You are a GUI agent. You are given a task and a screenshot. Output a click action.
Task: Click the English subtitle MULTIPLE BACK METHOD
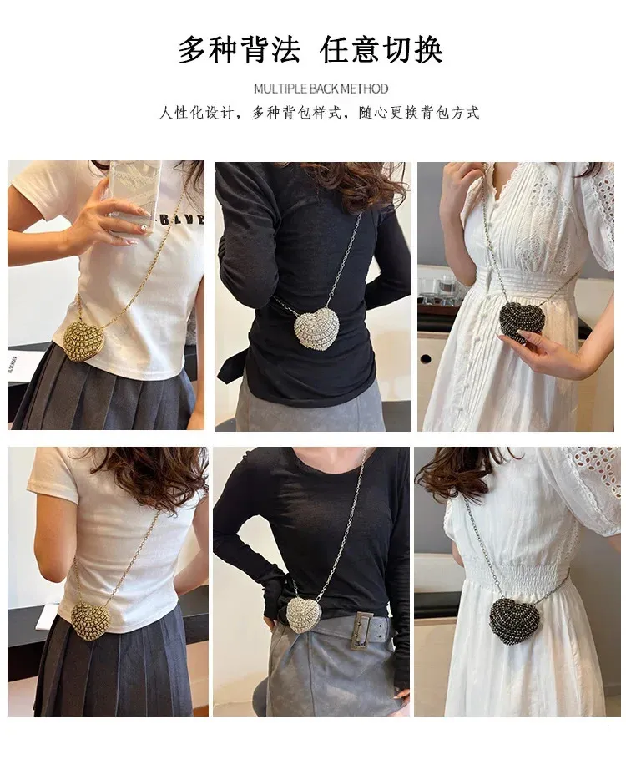321,89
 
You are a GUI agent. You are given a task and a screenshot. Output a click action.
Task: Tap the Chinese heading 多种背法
240,50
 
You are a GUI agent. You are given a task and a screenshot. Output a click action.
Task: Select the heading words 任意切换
381,50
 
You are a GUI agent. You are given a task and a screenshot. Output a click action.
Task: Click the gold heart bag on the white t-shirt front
85,340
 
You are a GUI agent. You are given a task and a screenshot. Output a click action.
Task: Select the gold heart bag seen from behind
90,620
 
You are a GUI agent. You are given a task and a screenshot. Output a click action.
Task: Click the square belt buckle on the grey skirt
364,631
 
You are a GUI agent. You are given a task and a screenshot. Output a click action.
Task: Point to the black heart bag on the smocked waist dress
514,620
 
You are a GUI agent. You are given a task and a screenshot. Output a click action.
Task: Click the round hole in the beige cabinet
426,358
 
